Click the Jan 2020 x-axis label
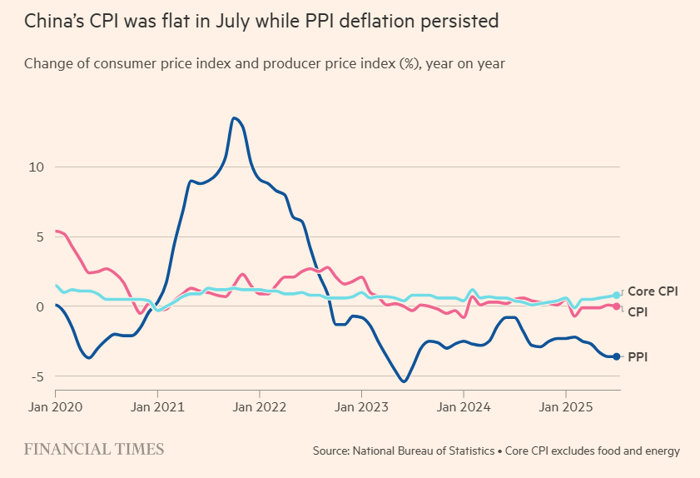[x=55, y=408]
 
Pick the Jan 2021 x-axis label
[x=157, y=408]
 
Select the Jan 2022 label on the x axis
[x=259, y=408]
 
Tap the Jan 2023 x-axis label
[x=361, y=408]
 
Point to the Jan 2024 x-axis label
[x=464, y=408]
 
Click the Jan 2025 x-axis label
[x=566, y=408]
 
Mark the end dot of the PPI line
[x=616, y=356]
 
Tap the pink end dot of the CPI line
[x=616, y=306]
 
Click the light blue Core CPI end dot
[x=616, y=295]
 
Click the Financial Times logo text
[x=94, y=450]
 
